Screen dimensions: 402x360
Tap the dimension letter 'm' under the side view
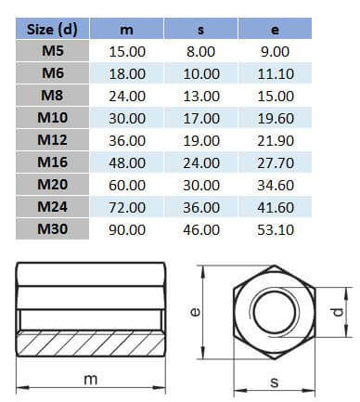tap(91, 382)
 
